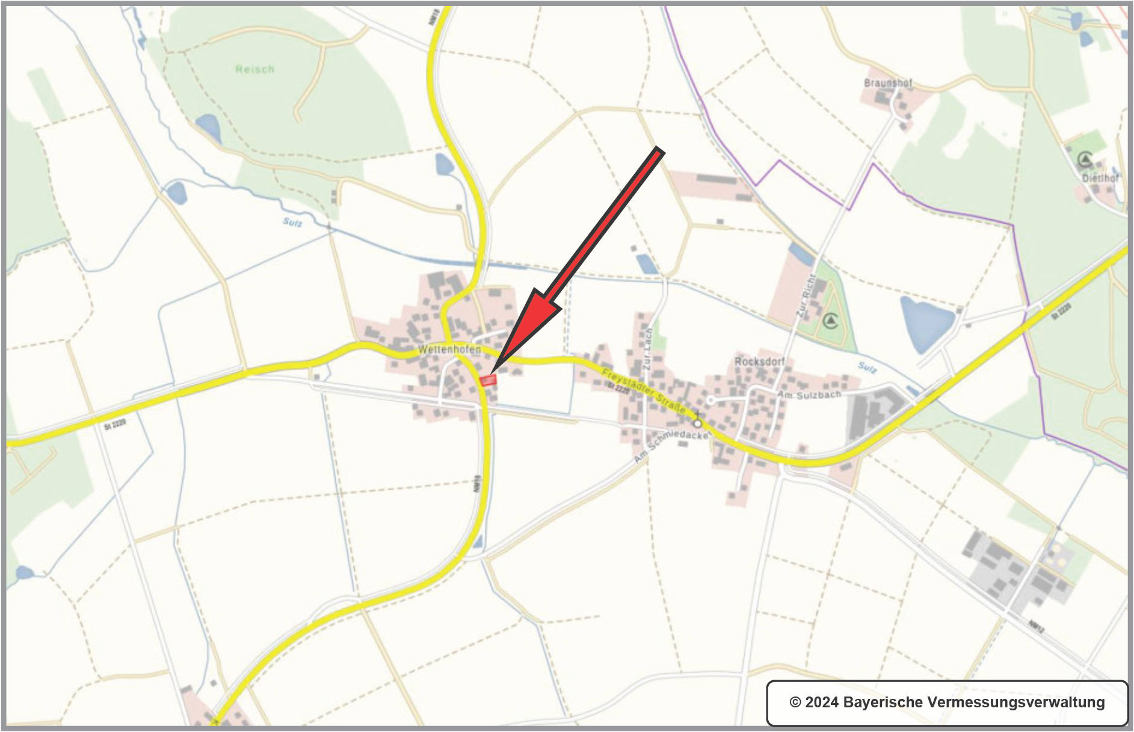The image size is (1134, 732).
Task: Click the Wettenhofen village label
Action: click(x=449, y=349)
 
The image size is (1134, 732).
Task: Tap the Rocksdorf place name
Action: click(x=759, y=361)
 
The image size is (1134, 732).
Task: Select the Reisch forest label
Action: click(x=254, y=70)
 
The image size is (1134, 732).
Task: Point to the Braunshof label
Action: click(x=888, y=83)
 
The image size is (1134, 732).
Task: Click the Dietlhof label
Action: click(x=1100, y=178)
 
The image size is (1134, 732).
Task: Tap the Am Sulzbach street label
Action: click(x=809, y=395)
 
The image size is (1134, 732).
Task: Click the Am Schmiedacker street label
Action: click(x=671, y=446)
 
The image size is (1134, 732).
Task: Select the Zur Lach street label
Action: click(x=647, y=349)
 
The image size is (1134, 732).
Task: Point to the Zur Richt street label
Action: click(x=806, y=296)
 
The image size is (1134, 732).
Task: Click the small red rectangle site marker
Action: click(x=488, y=380)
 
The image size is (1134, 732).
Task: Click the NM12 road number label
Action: click(x=1036, y=626)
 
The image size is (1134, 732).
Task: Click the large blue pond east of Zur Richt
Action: click(x=925, y=322)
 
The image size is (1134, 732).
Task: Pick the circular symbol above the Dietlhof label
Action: click(x=1085, y=159)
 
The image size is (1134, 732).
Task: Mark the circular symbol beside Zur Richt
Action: click(x=831, y=321)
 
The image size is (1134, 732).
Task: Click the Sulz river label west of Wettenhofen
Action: click(x=292, y=223)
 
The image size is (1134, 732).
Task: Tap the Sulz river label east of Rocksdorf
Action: click(x=867, y=367)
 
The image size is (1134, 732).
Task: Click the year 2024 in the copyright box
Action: click(x=821, y=703)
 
